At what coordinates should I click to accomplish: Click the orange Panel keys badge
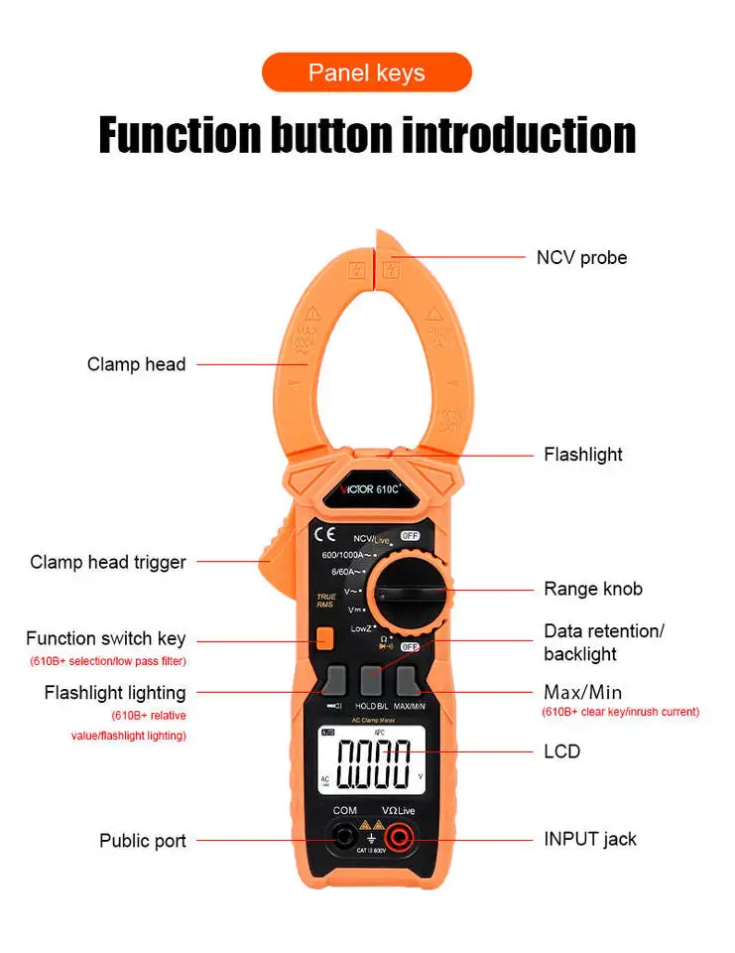366,72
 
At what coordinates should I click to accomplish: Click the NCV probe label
581,257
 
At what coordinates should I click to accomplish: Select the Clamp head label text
136,364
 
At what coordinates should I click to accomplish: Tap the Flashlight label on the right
582,455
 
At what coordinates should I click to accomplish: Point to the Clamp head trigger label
108,562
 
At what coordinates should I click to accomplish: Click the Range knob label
592,589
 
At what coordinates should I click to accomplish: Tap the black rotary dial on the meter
409,596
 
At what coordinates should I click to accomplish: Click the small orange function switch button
324,639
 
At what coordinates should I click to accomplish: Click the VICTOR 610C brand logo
368,487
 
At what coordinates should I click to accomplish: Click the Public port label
142,841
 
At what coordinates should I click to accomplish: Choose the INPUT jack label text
590,839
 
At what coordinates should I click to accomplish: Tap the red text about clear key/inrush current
620,712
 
